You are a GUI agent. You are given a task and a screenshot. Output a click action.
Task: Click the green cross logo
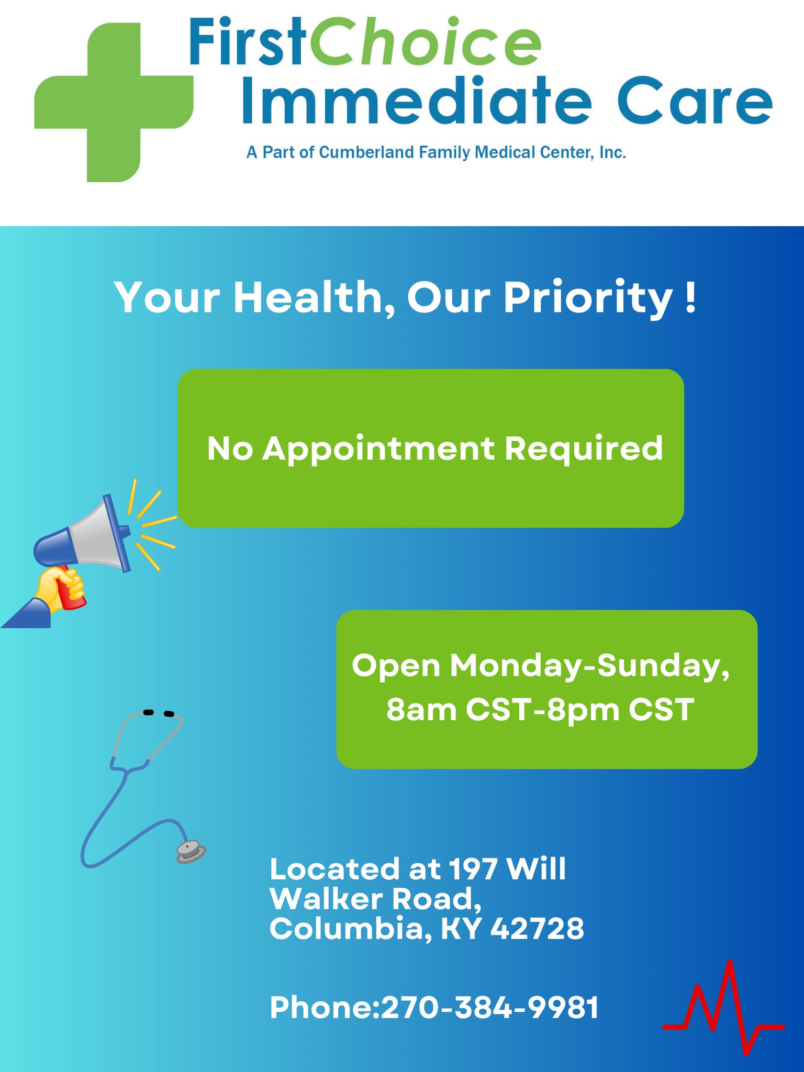(114, 102)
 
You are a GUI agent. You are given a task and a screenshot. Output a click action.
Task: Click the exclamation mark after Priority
(691, 296)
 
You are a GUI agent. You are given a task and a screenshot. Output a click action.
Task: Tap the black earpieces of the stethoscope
(158, 713)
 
